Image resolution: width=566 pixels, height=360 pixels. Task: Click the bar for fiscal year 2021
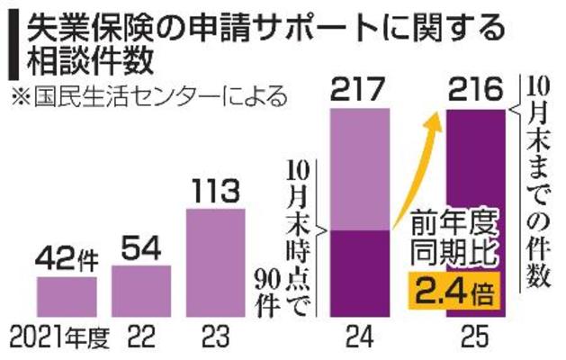67,297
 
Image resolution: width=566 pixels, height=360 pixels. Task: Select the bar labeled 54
142,291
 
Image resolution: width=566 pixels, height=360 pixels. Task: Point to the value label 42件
67,260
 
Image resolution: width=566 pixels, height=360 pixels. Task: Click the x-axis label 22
142,340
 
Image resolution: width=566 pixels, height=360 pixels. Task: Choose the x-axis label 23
215,340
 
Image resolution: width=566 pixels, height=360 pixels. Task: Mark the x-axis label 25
477,340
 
